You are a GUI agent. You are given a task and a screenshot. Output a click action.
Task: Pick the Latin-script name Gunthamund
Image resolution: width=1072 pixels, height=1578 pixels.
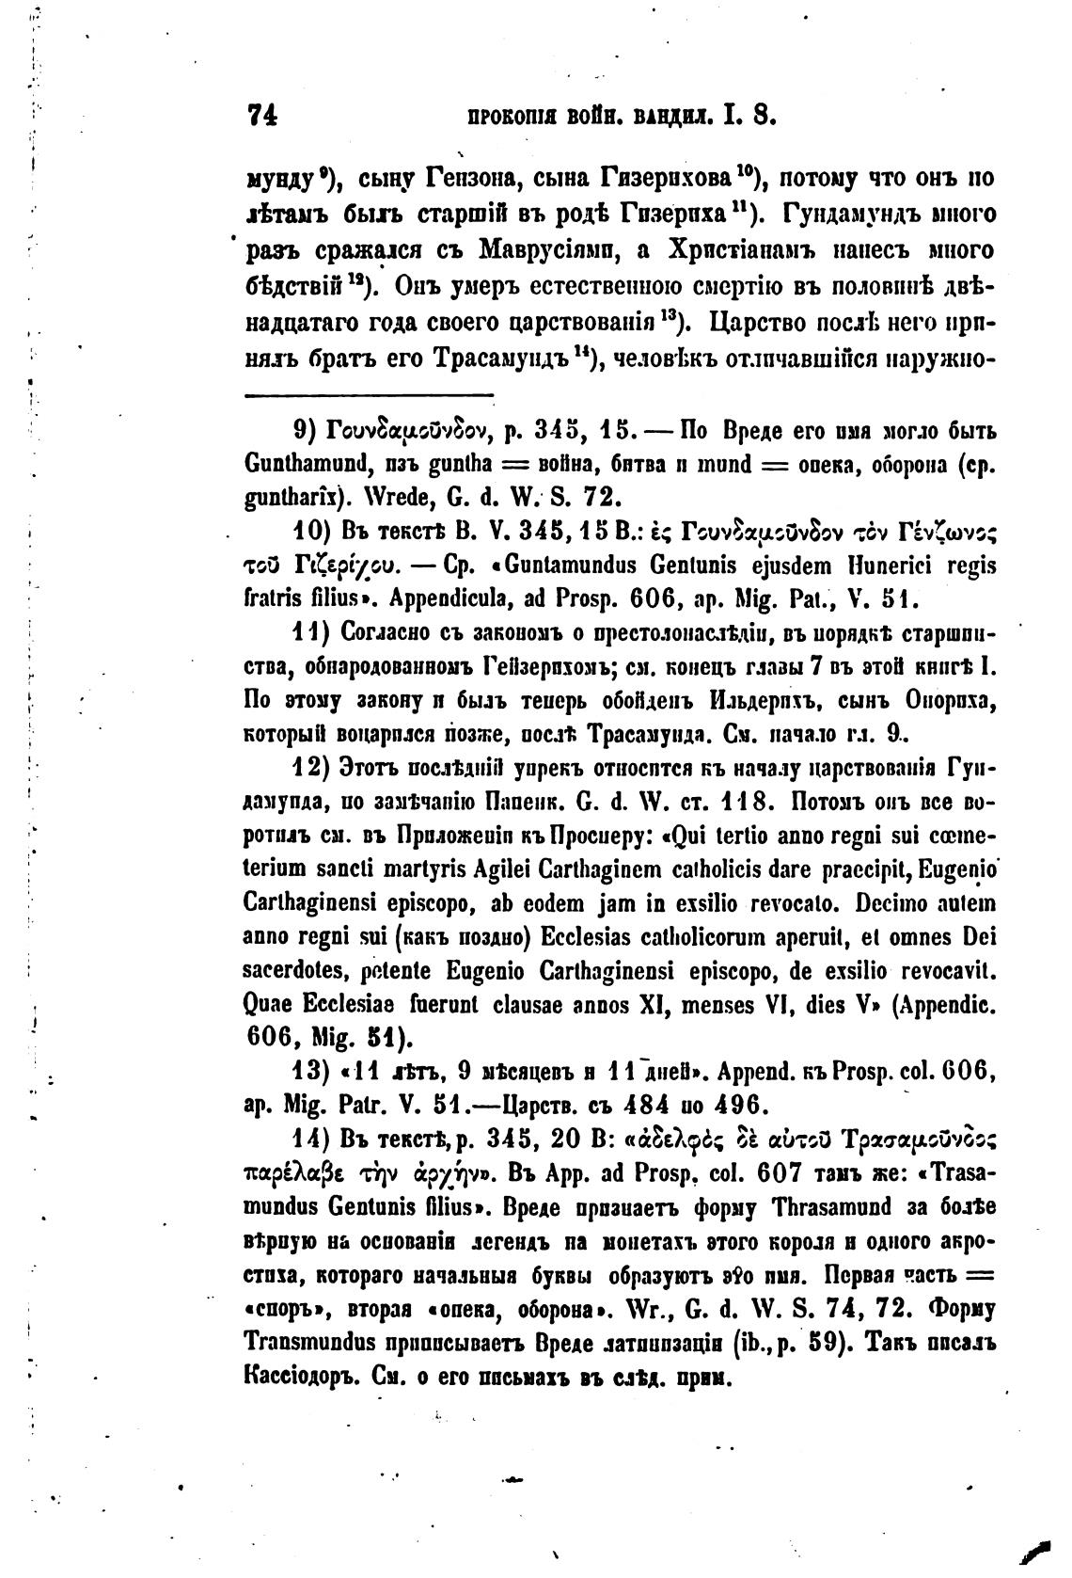(296, 464)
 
